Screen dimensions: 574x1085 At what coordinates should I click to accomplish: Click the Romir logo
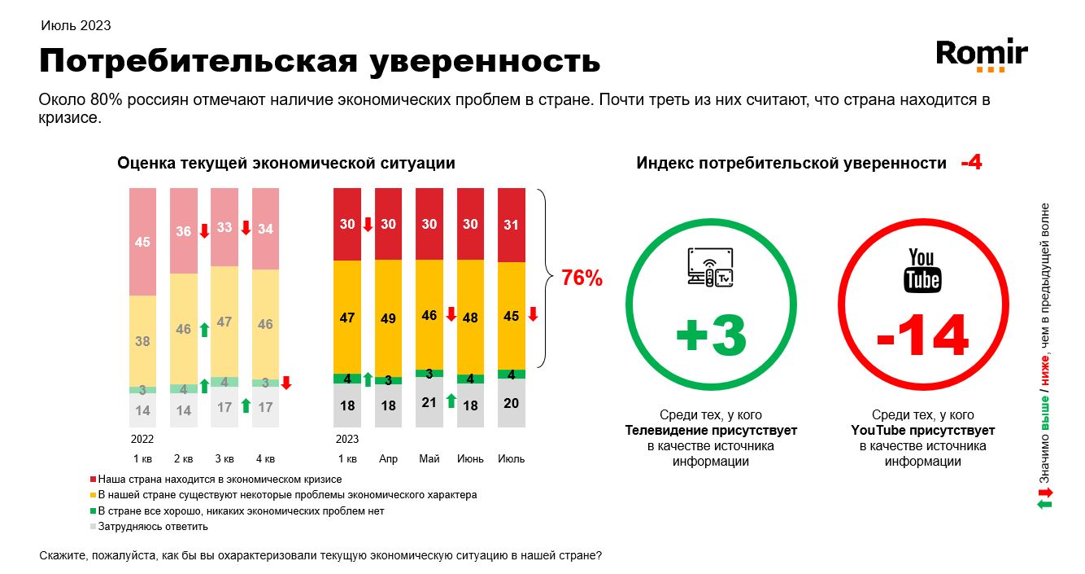(982, 55)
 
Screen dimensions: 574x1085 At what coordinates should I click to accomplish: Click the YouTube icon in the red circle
(922, 271)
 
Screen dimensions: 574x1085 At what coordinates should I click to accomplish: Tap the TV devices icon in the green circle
(710, 269)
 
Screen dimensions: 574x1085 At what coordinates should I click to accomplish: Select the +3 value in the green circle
(710, 335)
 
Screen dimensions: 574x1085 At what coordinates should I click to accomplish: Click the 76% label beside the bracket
(582, 278)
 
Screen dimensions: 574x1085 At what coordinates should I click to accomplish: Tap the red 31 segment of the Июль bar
(512, 225)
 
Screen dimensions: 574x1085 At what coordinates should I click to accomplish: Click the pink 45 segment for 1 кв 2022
(142, 241)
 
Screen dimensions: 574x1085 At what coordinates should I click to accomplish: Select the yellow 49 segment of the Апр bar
(388, 318)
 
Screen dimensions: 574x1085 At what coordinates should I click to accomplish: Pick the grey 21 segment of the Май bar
(429, 402)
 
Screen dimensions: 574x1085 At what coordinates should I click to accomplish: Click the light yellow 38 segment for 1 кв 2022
(142, 341)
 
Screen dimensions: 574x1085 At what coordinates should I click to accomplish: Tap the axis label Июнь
(470, 458)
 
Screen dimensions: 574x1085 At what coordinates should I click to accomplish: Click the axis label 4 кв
(265, 458)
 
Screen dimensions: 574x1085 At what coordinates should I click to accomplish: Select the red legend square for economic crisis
(93, 480)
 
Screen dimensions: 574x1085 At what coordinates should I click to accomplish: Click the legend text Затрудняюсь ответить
(153, 526)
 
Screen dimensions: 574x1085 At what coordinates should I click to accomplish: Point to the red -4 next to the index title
(971, 163)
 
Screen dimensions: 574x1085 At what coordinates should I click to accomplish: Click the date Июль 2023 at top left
(76, 25)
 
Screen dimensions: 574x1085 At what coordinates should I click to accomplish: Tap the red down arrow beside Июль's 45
(533, 314)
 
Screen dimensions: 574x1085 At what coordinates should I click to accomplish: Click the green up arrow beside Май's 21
(450, 402)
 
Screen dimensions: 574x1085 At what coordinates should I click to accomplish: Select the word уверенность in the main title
(485, 60)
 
